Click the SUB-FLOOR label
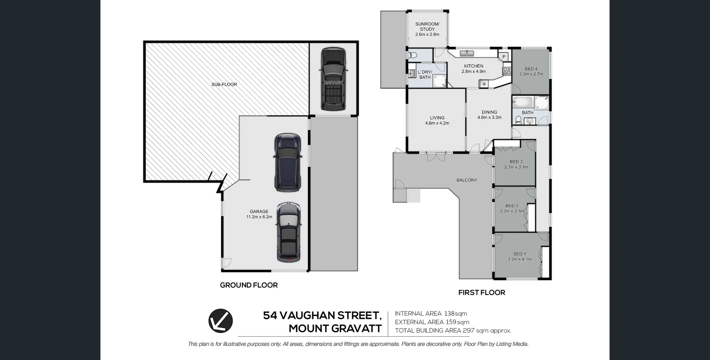click(x=224, y=85)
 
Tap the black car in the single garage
click(x=333, y=79)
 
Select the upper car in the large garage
click(x=287, y=163)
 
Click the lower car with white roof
click(x=289, y=232)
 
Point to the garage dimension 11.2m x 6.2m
click(x=259, y=217)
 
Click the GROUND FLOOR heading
click(x=248, y=285)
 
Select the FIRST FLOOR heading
click(x=481, y=292)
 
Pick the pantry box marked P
click(x=504, y=57)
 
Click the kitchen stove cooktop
click(x=507, y=71)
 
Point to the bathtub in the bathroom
click(x=523, y=102)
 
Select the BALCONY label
click(x=467, y=180)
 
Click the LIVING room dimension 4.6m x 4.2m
click(x=437, y=123)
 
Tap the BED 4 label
click(x=531, y=69)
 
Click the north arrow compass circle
click(x=220, y=320)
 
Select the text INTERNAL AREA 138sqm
click(x=431, y=314)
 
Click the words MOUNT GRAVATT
click(x=335, y=328)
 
